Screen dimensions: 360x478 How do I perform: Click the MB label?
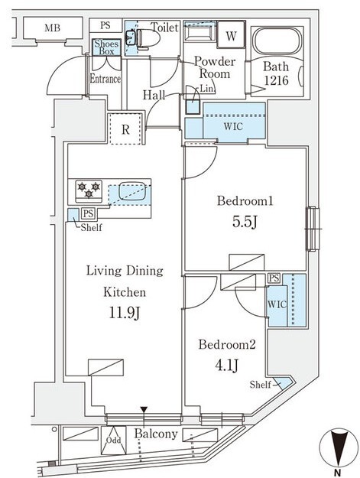pos(53,28)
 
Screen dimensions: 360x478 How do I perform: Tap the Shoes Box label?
pos(106,47)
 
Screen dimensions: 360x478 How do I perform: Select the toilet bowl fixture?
pos(148,39)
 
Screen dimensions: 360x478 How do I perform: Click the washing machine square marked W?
pos(231,34)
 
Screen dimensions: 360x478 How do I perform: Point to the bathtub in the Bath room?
pos(277,41)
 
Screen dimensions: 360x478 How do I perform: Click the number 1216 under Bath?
pos(276,80)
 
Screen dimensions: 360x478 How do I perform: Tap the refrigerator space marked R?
pos(125,129)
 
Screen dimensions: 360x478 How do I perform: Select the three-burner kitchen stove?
pos(89,191)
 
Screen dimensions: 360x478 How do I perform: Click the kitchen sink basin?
pos(132,191)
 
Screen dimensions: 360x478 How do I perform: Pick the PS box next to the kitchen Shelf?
pos(88,213)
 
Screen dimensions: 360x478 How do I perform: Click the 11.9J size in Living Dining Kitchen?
pos(125,313)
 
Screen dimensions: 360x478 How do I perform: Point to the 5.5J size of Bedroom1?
pos(245,222)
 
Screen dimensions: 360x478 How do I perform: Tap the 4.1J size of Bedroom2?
pos(226,366)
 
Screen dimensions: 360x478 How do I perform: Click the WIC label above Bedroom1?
pos(233,126)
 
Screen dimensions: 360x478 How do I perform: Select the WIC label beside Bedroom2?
pos(277,304)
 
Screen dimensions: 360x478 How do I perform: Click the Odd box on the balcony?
pos(114,441)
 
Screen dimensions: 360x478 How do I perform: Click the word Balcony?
pos(156,433)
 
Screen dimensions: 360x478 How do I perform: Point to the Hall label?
pos(154,95)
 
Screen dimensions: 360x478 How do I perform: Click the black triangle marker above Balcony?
pos(144,410)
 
